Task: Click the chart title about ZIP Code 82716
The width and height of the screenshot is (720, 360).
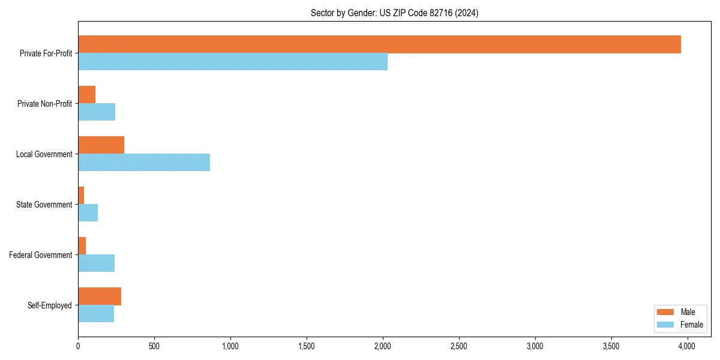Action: [x=394, y=13]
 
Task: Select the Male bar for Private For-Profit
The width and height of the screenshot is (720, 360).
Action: [x=379, y=44]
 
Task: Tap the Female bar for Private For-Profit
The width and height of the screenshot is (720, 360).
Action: [x=233, y=62]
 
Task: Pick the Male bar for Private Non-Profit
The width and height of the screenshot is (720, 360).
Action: [x=86, y=95]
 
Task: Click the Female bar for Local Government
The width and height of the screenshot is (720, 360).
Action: [x=144, y=163]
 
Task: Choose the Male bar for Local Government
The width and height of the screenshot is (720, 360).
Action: [x=101, y=145]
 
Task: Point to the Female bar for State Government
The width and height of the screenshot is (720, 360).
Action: [x=88, y=213]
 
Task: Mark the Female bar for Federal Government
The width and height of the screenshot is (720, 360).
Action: [x=96, y=263]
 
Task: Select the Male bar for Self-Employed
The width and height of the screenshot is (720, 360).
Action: [x=100, y=296]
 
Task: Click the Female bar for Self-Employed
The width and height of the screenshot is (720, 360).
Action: [x=96, y=314]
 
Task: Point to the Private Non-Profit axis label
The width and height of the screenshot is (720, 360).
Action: [x=44, y=104]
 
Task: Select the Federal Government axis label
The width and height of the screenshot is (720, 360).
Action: [x=40, y=255]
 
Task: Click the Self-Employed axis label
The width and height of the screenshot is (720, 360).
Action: [x=49, y=305]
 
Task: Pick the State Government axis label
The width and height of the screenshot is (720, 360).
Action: [x=44, y=205]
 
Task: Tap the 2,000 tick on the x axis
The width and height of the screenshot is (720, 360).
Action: [x=382, y=346]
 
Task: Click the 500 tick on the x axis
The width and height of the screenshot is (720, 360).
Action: [x=154, y=346]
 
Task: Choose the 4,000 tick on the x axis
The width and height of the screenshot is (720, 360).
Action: [x=686, y=346]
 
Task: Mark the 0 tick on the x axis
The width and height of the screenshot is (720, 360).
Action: [x=78, y=346]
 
